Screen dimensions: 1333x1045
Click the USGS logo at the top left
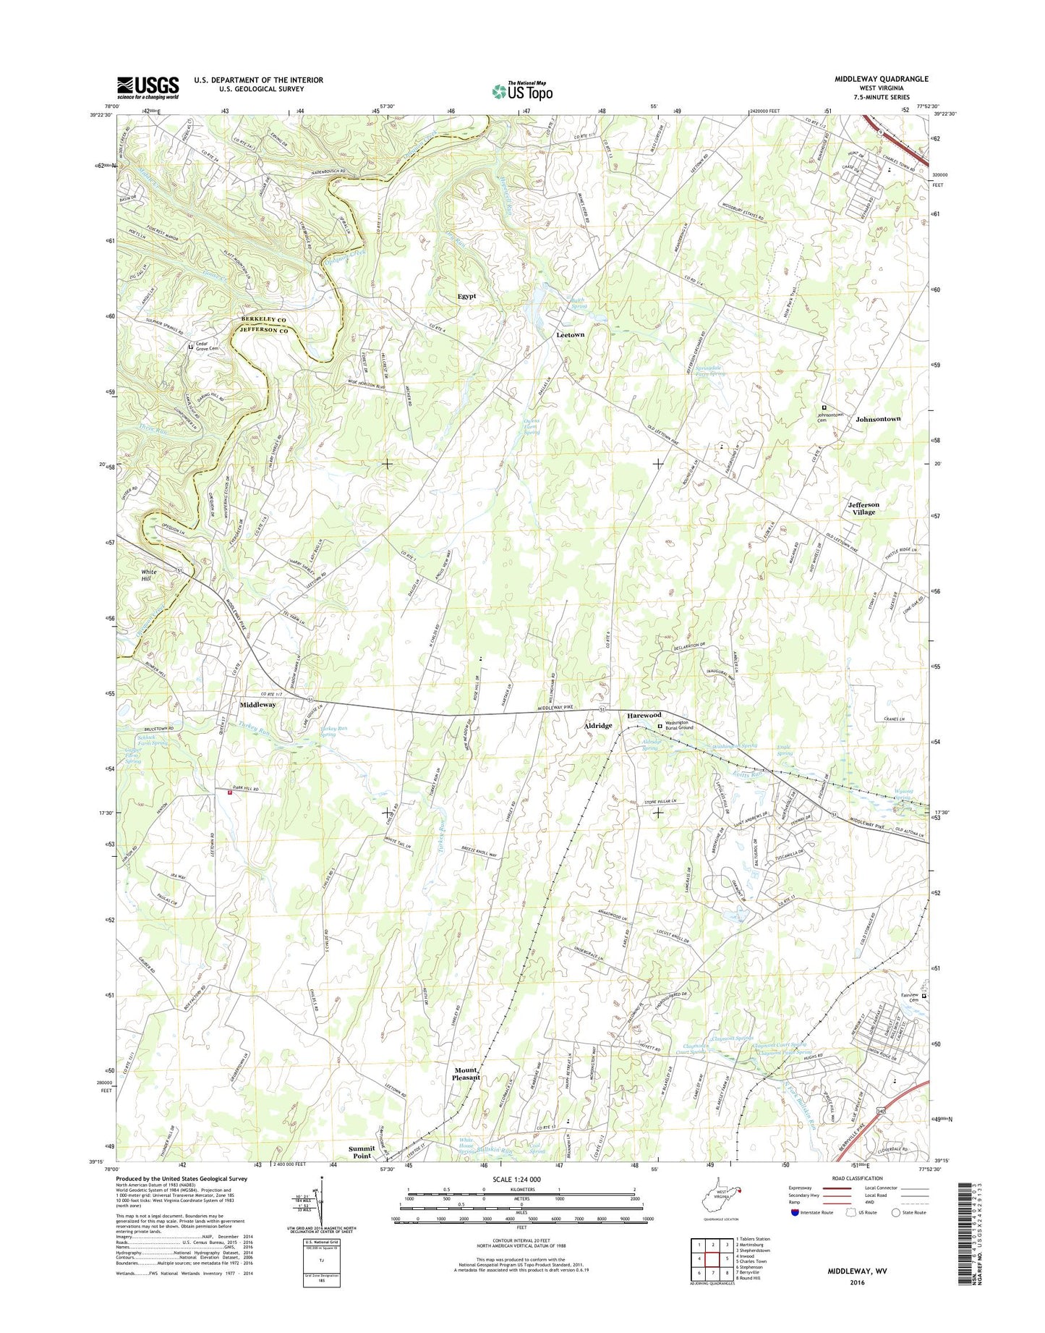pos(148,88)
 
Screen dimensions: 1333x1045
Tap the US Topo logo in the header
pos(522,90)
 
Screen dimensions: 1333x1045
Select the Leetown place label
pos(570,335)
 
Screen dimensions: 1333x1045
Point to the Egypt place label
pos(466,296)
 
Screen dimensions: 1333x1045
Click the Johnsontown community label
pos(877,419)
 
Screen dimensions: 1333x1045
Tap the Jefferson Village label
pos(863,508)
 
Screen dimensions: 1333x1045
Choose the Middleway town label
pos(257,704)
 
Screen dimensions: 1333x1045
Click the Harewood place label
pos(643,715)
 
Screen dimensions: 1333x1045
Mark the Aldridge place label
pos(597,725)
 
